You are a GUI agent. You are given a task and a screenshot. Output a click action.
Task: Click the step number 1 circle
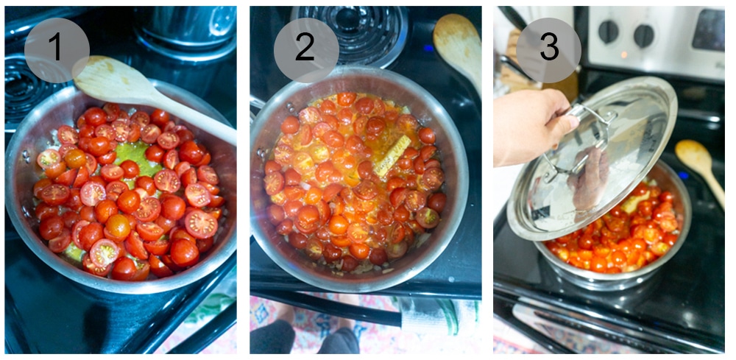coord(57,49)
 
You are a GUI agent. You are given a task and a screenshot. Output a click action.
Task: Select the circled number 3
coord(548,49)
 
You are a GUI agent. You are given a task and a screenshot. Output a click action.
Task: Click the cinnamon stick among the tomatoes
coord(392,155)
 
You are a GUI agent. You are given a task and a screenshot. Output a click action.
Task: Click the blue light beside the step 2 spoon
coord(428,49)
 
